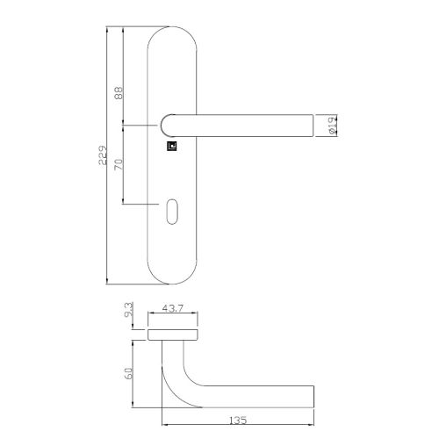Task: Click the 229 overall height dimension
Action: coord(103,156)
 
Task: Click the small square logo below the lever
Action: coord(172,149)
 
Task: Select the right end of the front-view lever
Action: coord(310,126)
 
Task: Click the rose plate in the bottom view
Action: coord(172,335)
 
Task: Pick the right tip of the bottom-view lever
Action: coord(312,393)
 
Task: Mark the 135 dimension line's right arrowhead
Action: coord(313,413)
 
